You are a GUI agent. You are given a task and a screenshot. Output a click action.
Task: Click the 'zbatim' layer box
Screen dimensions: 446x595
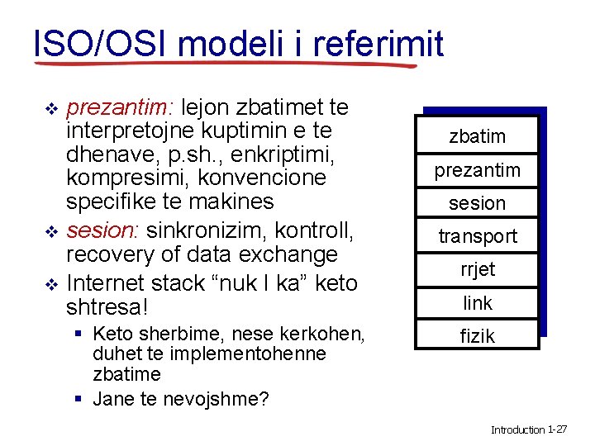click(477, 136)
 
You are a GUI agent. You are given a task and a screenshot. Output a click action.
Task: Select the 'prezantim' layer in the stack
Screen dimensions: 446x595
click(477, 170)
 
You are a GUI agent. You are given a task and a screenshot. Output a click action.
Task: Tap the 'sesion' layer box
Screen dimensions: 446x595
click(477, 203)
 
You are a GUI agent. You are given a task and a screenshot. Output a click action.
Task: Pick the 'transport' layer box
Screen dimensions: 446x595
click(477, 236)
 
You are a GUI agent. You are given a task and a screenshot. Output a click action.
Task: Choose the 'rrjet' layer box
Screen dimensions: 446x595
click(477, 269)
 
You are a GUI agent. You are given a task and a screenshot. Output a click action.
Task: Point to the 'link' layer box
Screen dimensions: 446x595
click(477, 303)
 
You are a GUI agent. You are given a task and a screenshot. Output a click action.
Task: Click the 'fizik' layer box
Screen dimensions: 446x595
click(477, 336)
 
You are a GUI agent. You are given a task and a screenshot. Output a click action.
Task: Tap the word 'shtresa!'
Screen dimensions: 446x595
click(107, 307)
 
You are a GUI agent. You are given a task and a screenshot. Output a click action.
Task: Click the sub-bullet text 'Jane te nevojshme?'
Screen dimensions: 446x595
click(181, 400)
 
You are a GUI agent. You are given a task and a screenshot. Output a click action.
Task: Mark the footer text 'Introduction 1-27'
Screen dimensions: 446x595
click(528, 430)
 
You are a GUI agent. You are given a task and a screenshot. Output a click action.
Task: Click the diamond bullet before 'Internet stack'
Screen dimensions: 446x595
click(51, 284)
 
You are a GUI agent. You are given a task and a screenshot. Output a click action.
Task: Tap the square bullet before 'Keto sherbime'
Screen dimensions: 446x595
click(76, 334)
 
